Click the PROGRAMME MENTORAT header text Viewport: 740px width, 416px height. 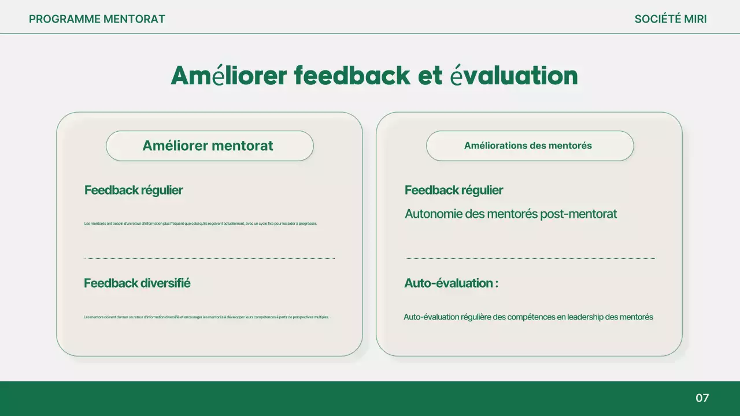point(97,19)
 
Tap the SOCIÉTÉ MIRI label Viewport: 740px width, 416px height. point(671,19)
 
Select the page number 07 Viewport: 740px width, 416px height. point(702,398)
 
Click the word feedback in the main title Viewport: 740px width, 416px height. point(351,76)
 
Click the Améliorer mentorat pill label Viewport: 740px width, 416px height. point(208,146)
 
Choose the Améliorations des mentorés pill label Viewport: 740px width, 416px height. point(528,146)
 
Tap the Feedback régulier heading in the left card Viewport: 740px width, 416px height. point(134,190)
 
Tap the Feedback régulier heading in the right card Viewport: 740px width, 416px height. point(454,190)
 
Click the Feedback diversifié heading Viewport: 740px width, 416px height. point(137,283)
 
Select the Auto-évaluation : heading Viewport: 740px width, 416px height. point(451,283)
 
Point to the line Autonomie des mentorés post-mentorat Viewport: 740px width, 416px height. point(510,214)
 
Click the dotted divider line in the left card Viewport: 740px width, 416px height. point(209,258)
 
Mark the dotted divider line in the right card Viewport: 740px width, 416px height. point(530,258)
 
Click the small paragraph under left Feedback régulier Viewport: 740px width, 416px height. point(200,224)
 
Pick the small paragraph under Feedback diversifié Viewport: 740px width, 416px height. point(206,317)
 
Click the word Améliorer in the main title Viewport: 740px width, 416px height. point(229,76)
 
